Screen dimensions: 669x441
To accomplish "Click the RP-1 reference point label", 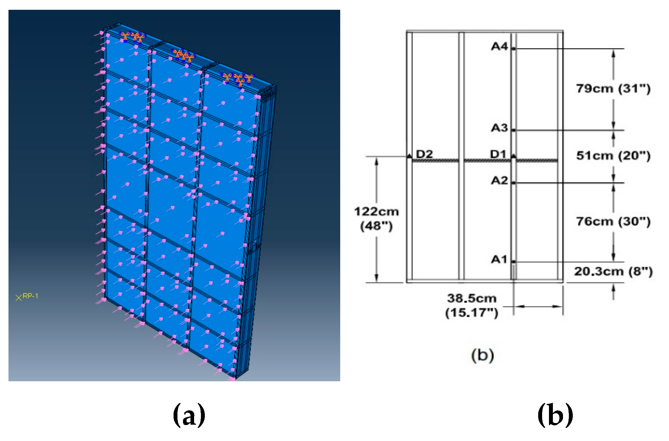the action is coord(30,296).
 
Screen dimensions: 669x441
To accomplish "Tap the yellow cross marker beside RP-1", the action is coord(19,297).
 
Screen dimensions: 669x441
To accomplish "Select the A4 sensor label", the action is coord(499,47).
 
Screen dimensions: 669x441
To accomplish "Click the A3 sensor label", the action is coord(499,128).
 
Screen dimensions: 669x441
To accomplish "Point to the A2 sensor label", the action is coord(499,180).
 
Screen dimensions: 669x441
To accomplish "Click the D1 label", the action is coord(498,154).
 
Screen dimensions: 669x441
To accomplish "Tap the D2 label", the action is coord(424,154).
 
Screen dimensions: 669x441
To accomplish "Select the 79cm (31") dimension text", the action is coord(613,88).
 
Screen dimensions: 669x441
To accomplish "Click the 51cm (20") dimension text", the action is coord(613,156).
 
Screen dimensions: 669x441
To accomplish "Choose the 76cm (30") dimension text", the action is coord(613,221).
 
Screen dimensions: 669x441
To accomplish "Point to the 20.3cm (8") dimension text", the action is coord(613,271).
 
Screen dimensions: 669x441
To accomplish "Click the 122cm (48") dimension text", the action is coord(376,218).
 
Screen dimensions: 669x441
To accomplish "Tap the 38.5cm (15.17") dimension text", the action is coord(472,305).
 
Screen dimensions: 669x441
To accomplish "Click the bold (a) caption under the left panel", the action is coord(189,415).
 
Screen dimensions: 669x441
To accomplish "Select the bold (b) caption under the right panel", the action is coord(555,415).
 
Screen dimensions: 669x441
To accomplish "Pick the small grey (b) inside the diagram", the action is coord(482,355).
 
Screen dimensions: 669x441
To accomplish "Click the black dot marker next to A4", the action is coord(513,49).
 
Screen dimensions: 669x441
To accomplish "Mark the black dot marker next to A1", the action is coord(513,262).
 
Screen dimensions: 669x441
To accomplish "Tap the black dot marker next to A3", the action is coord(513,130).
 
